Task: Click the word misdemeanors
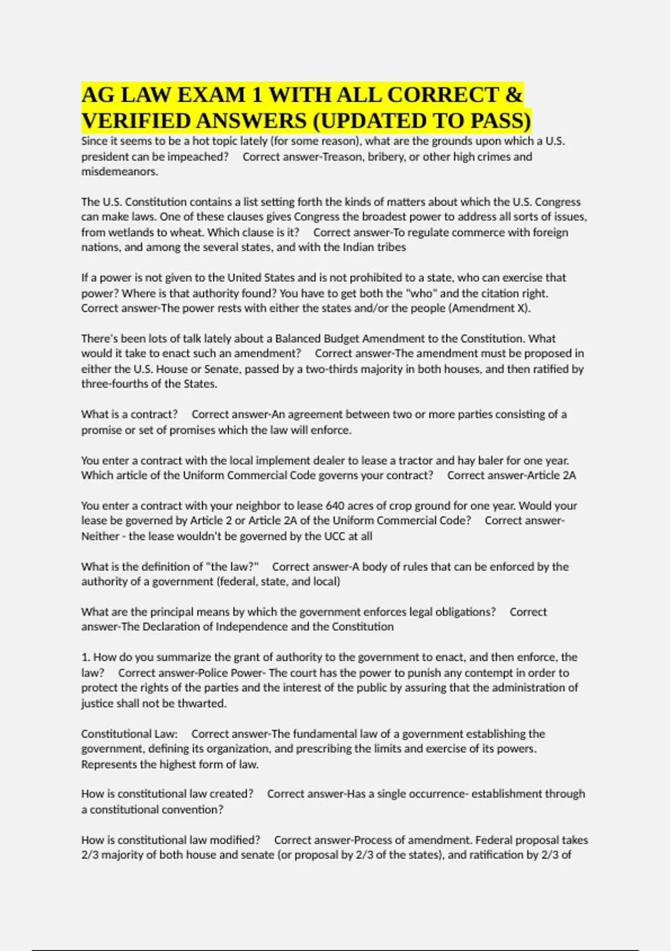120,172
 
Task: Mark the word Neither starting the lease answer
100,536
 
